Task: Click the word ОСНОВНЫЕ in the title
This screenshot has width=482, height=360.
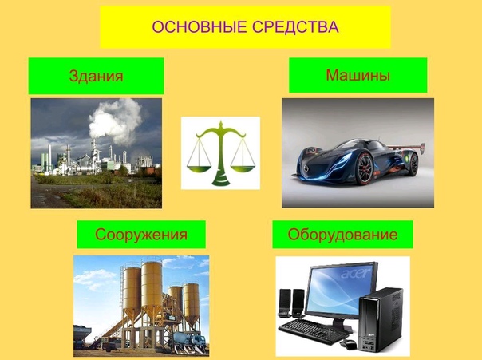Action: (200, 27)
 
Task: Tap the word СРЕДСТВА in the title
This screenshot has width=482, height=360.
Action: (296, 27)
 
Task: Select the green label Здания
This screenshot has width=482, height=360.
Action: (97, 76)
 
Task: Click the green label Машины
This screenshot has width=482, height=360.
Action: (358, 75)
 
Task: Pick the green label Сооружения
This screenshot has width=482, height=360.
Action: (141, 235)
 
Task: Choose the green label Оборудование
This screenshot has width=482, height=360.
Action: (343, 235)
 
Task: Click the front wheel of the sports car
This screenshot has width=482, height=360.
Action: (365, 168)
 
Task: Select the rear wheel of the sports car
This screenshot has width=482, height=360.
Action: (413, 164)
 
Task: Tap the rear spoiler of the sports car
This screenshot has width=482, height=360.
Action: (405, 147)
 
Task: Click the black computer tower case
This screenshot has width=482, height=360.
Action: (381, 320)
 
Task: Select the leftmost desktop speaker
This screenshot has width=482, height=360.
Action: (284, 303)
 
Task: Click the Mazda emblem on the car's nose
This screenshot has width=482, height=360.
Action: (306, 168)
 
